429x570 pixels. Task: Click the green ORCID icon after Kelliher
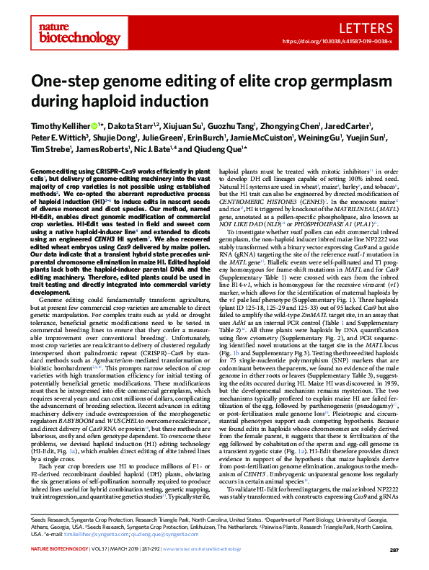97,126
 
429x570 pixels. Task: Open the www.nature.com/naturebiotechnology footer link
233,550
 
